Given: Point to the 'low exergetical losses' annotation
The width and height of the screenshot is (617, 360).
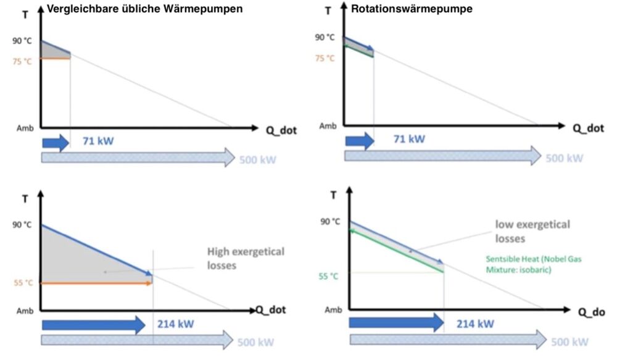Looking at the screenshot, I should tap(531, 230).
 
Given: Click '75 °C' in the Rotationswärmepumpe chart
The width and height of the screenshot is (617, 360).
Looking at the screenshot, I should tap(325, 59).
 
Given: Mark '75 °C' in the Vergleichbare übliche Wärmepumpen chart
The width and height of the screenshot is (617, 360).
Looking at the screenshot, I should tap(22, 61).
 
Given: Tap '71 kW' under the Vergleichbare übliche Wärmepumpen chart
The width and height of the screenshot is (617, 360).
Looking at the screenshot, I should tap(98, 141).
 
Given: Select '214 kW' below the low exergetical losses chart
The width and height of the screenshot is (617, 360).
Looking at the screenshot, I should tap(475, 323).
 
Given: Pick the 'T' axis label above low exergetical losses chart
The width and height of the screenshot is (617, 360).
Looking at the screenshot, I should tap(334, 195).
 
